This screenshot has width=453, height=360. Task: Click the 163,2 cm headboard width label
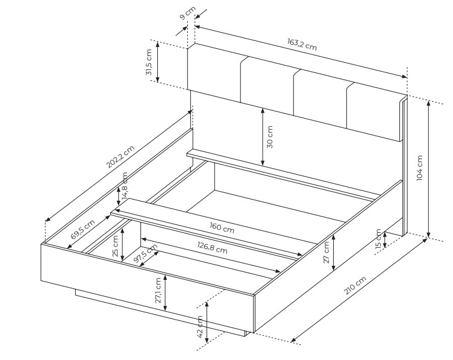click(302, 44)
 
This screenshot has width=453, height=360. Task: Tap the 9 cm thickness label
click(187, 13)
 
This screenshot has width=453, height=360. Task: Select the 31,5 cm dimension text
click(149, 62)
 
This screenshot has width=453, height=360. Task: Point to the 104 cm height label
click(420, 168)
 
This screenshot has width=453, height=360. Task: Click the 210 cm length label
click(355, 285)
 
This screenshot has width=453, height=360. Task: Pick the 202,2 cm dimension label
click(120, 156)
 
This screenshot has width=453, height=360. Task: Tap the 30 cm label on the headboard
click(269, 137)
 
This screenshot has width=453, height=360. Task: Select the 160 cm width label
click(222, 227)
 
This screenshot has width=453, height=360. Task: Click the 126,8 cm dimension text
click(212, 248)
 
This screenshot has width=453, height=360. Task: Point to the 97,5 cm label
click(146, 253)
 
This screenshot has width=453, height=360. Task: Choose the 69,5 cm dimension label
click(83, 229)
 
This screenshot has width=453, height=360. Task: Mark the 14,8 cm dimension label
click(125, 186)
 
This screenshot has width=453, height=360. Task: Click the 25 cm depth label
click(115, 246)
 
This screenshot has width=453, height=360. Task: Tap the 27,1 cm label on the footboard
click(158, 290)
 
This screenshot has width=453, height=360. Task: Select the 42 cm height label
click(200, 327)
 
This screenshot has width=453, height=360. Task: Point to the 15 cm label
click(378, 239)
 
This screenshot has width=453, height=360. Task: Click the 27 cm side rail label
click(326, 252)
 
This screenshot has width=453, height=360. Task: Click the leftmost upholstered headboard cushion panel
click(214, 73)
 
